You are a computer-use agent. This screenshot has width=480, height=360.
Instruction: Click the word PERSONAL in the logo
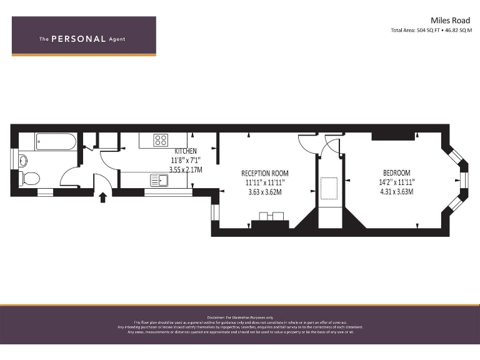coord(78,39)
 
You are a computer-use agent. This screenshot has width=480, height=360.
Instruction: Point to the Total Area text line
coord(431,30)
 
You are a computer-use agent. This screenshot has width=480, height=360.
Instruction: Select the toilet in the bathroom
coord(29,179)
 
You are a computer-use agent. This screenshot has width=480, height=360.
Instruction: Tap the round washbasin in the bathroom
coord(22,160)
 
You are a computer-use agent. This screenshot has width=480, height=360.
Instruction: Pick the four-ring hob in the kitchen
coord(161,140)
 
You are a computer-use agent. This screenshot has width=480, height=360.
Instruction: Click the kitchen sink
coord(159,181)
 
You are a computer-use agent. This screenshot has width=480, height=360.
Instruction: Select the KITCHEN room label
coord(186,151)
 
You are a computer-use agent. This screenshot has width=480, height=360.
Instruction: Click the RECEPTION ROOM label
coord(265,173)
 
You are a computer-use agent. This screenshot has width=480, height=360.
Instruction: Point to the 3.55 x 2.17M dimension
coord(186,169)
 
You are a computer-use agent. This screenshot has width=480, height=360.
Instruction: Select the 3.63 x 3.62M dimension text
coord(265,192)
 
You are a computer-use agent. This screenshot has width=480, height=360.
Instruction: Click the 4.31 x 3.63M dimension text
coord(397,192)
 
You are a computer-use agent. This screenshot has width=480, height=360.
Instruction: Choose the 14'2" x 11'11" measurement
coord(397,182)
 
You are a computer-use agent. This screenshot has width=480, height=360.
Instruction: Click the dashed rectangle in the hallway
coord(328,187)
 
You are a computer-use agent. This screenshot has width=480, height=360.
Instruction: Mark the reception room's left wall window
coord(214,212)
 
